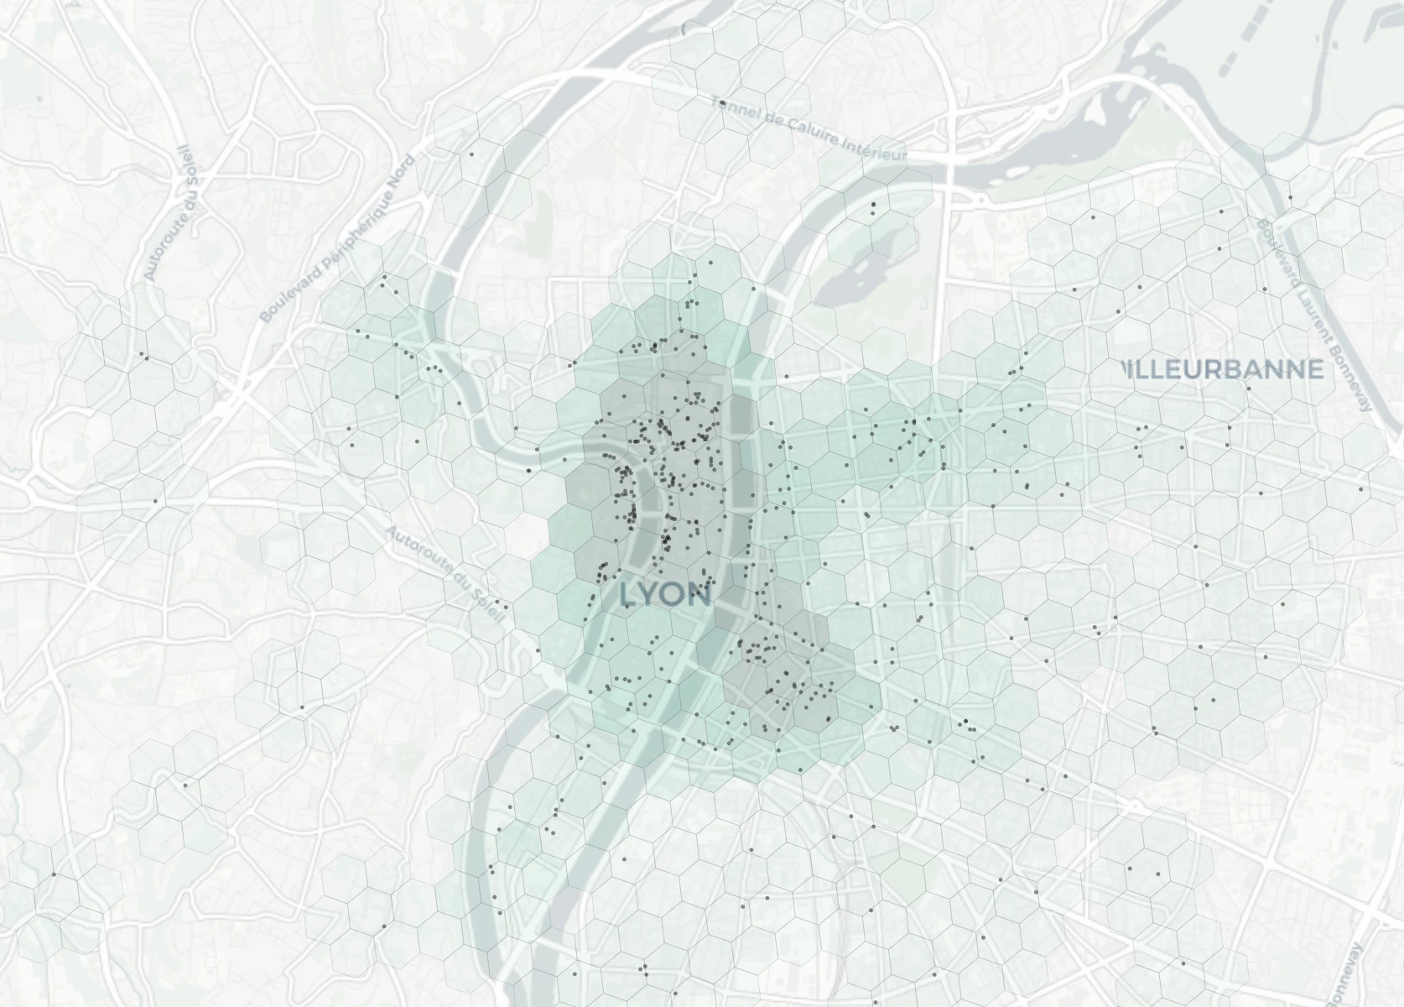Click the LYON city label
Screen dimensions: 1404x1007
point(666,595)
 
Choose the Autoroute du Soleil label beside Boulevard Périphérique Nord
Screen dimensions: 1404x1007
point(168,213)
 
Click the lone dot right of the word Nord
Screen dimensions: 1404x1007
point(471,154)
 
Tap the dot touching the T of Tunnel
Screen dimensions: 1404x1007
point(721,103)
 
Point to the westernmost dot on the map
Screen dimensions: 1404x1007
point(55,874)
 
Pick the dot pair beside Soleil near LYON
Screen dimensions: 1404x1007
point(502,603)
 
